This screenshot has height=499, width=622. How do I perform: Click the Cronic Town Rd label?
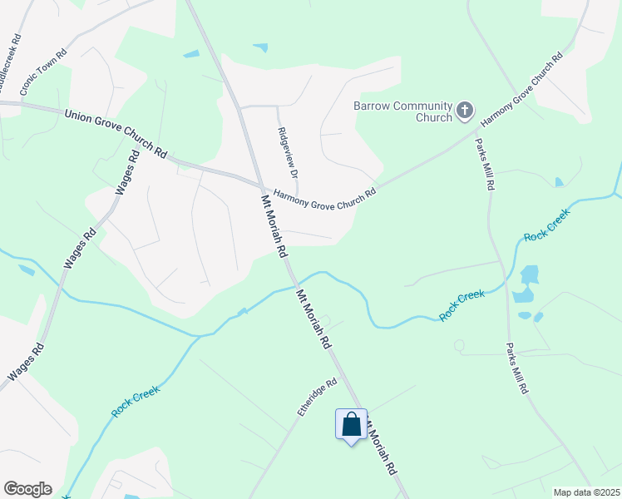pos(43,58)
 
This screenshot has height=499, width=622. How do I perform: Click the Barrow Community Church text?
pos(402,111)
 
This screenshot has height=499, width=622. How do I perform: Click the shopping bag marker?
pos(351,424)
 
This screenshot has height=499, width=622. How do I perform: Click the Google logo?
pos(27,489)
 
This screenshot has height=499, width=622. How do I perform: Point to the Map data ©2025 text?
pos(586,492)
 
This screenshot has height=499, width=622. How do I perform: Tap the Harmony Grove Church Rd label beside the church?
pos(521,89)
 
